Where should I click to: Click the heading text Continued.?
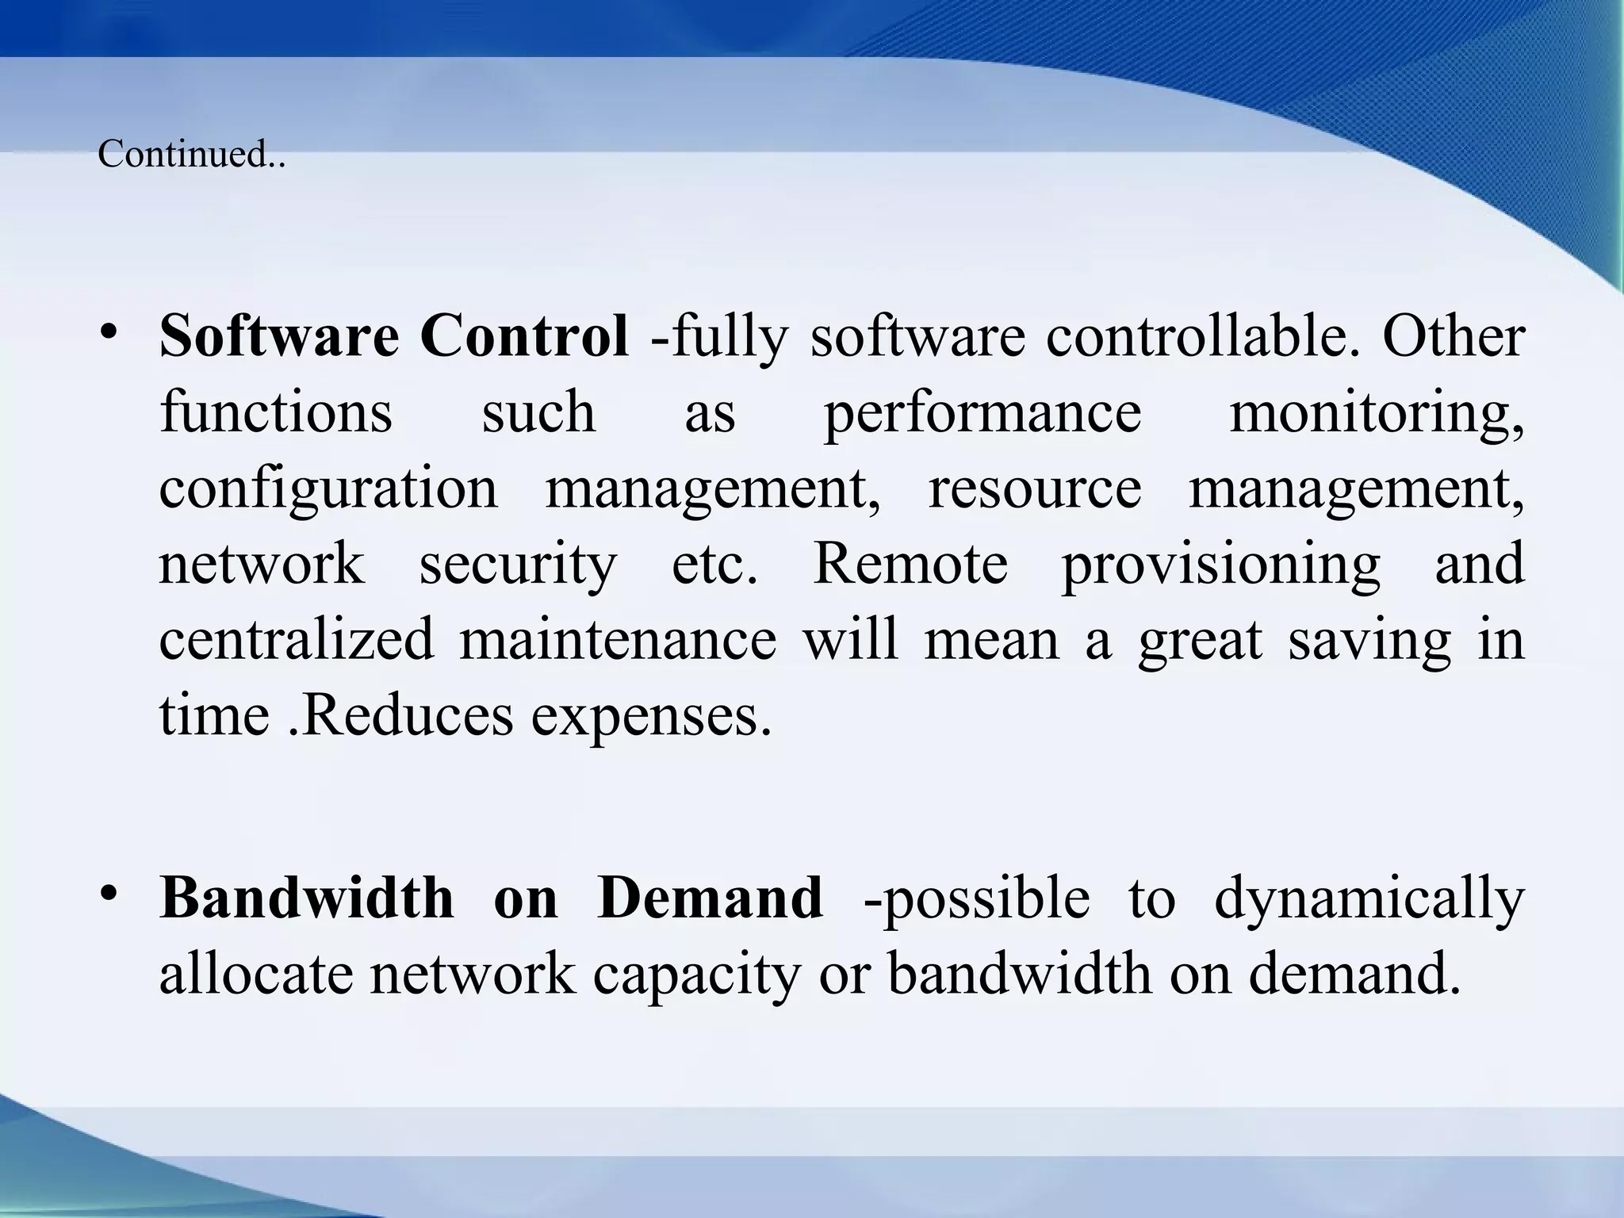[x=190, y=154]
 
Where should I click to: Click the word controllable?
[x=1197, y=336]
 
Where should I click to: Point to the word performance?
[x=982, y=412]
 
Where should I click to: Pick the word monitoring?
[x=1376, y=412]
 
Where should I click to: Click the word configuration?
[x=328, y=488]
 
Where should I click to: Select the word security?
[x=518, y=565]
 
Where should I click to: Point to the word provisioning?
[x=1220, y=565]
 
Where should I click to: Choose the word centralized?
[x=297, y=639]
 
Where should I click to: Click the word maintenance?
[x=618, y=639]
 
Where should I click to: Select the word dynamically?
[x=1369, y=899]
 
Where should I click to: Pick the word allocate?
[x=256, y=974]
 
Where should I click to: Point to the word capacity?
[x=696, y=975]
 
